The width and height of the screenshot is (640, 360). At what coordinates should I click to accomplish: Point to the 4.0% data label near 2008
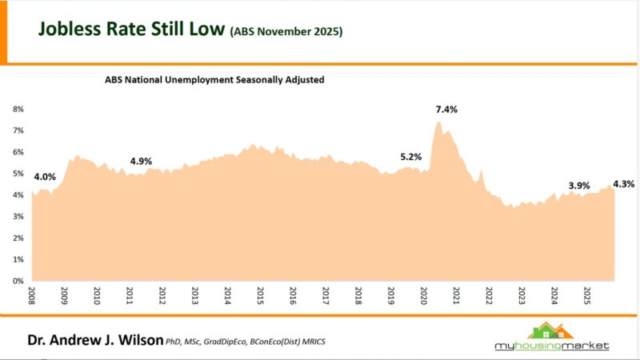point(45,176)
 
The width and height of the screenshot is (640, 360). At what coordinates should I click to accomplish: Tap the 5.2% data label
point(410,157)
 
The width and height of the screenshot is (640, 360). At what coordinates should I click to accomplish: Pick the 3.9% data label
point(578,186)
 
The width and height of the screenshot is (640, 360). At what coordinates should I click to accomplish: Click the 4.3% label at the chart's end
point(624,184)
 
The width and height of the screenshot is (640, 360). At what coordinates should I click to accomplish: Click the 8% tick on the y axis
point(18,109)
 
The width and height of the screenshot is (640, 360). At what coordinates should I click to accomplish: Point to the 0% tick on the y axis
point(18,281)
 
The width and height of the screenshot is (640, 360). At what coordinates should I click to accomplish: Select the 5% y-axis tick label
point(18,174)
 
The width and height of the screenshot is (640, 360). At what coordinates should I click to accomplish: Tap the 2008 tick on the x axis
point(31,296)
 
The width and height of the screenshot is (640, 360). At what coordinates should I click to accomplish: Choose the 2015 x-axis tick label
point(260,296)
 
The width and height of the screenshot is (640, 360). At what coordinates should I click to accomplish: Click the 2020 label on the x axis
point(424,296)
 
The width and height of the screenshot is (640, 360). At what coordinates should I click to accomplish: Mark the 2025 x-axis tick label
point(587,296)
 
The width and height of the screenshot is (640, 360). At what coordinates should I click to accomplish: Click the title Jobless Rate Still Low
point(131,30)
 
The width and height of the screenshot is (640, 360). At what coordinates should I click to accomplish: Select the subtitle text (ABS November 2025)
point(286,33)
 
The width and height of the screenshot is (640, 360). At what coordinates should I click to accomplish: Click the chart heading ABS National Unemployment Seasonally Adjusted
point(214,80)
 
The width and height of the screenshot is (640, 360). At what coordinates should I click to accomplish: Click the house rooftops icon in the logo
point(550,330)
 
